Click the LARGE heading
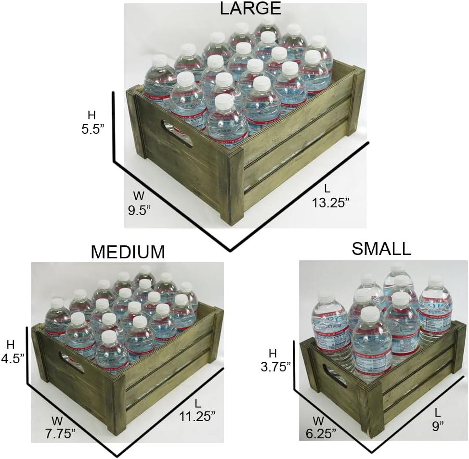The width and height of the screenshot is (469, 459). point(250,8)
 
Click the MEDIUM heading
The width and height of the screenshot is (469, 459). point(128,252)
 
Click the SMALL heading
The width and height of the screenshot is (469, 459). point(381,248)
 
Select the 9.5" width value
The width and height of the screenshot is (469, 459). point(139,210)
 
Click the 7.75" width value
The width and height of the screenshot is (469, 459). point(61,433)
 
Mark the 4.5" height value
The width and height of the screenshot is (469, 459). point(12,358)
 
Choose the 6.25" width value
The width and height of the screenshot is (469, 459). point(321,433)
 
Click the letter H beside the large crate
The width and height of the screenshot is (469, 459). point(91,115)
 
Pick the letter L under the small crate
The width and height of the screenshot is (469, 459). point(437,412)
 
